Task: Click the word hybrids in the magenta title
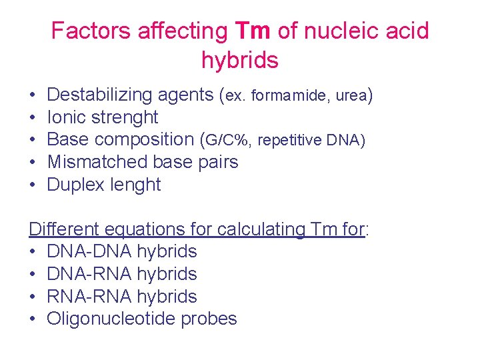pos(239,61)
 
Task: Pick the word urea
pos(349,96)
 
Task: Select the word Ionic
pos(65,117)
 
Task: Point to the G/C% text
pos(227,141)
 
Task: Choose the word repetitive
pos(289,141)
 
